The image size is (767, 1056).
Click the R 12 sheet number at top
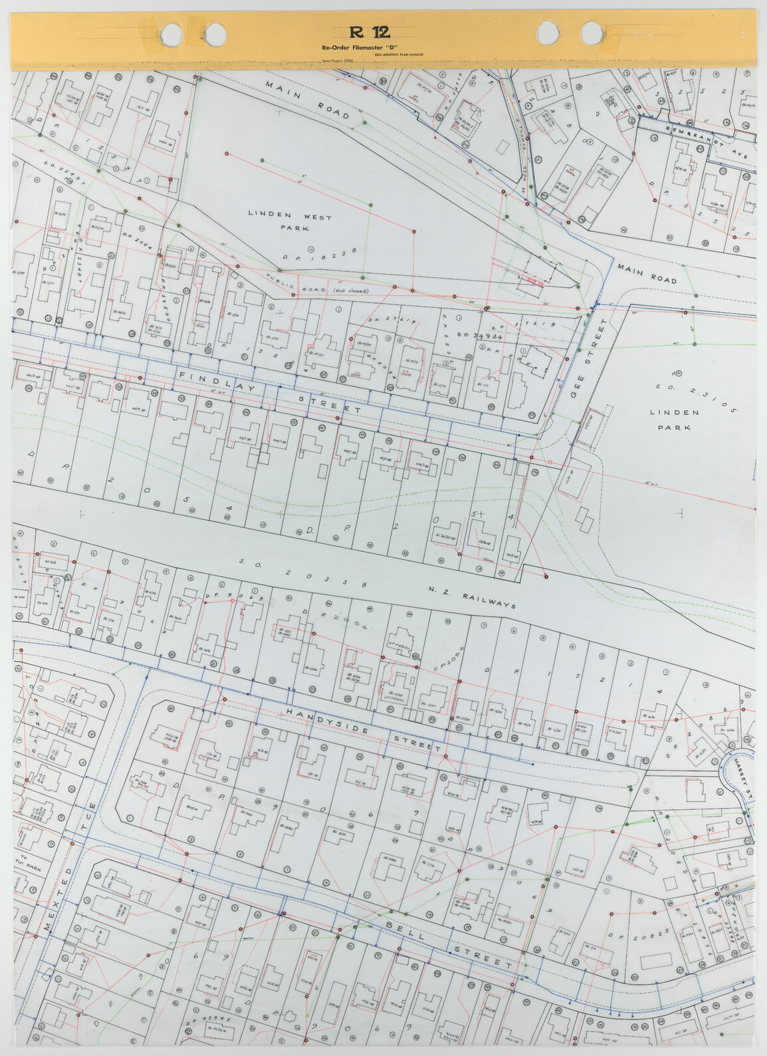click(x=370, y=33)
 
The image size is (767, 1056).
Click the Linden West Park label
click(x=290, y=222)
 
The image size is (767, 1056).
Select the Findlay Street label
click(x=270, y=392)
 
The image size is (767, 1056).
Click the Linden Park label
click(x=675, y=420)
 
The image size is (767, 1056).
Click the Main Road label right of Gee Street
click(x=646, y=273)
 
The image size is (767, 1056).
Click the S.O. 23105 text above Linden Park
click(x=695, y=397)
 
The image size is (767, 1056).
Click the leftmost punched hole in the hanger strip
click(x=171, y=33)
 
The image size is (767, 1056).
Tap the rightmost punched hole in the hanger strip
click(x=592, y=33)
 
